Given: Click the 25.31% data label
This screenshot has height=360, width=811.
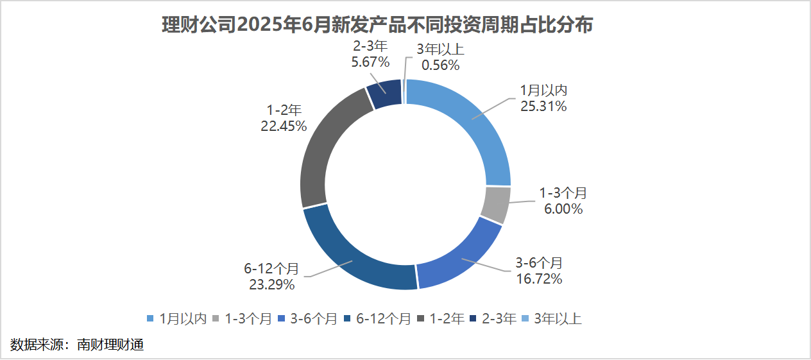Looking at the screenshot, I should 543,107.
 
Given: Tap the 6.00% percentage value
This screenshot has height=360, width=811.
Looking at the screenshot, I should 563,209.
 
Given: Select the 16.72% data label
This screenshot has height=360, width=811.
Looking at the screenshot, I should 540,279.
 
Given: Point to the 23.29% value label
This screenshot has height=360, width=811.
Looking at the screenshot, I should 271,284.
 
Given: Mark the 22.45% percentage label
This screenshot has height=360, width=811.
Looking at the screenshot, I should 284,126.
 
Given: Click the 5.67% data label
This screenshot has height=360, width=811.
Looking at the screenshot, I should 370,62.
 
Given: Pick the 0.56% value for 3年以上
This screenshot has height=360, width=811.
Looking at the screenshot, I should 440,65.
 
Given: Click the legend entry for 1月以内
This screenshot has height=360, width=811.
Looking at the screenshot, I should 176,319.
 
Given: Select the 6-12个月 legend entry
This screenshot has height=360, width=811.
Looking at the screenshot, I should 378,319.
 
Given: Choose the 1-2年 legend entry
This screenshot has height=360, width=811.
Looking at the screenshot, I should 441,319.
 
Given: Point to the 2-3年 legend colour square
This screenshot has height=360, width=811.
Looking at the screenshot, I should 474,319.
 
